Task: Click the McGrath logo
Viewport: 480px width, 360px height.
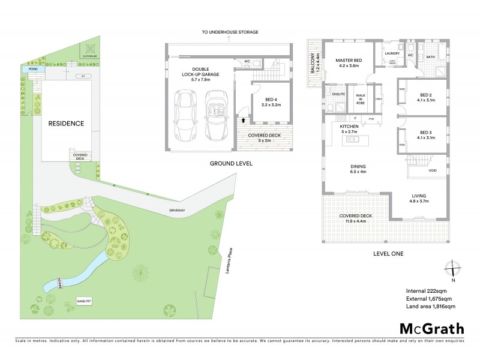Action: [431, 328]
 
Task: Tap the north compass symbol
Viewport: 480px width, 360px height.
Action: [454, 271]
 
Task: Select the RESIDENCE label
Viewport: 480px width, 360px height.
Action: [66, 124]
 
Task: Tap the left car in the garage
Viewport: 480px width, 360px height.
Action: [185, 115]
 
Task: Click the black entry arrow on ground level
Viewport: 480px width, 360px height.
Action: [243, 120]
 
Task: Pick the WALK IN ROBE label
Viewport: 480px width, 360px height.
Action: [361, 98]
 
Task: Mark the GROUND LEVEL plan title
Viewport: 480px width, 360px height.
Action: [230, 163]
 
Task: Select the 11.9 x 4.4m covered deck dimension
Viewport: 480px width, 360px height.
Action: [356, 221]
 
